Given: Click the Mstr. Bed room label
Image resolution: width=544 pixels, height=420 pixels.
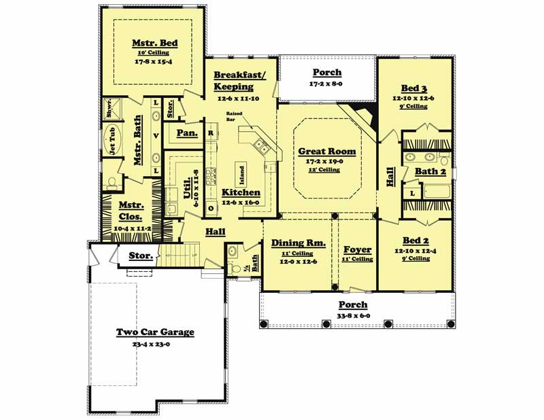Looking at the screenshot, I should [154, 43].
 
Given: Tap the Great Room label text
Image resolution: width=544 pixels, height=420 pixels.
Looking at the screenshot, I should [327, 152].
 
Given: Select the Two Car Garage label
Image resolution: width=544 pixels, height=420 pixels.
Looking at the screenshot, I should [154, 332].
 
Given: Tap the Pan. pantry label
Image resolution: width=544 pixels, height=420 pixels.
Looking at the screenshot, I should [187, 133].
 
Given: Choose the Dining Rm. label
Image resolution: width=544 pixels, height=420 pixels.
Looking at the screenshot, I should [299, 243].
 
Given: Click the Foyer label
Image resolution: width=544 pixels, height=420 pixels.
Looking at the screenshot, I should [357, 249].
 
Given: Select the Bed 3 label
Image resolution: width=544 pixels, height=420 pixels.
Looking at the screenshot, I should [414, 89].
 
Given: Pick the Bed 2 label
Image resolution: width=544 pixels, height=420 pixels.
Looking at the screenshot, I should [415, 241].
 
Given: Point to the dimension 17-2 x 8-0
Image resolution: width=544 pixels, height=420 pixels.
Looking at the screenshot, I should [327, 84].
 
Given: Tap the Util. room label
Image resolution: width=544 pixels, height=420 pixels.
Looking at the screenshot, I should [187, 186].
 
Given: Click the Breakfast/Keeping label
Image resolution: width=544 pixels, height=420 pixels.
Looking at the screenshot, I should [234, 81].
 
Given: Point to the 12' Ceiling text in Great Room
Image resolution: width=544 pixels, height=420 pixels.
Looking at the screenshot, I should [327, 169].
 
